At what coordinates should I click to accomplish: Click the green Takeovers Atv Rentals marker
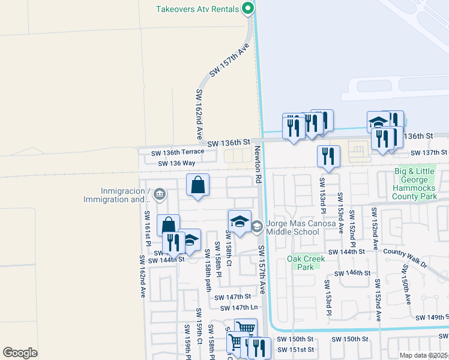click(247, 8)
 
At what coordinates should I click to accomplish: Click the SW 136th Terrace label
click(177, 153)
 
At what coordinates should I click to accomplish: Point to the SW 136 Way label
click(176, 163)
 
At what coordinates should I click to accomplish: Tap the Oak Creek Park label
click(306, 263)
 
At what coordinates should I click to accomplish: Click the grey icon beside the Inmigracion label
click(159, 193)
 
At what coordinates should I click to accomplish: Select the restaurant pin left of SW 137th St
click(328, 157)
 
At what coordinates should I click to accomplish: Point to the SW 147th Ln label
click(237, 308)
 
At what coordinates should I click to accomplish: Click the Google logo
click(20, 353)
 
